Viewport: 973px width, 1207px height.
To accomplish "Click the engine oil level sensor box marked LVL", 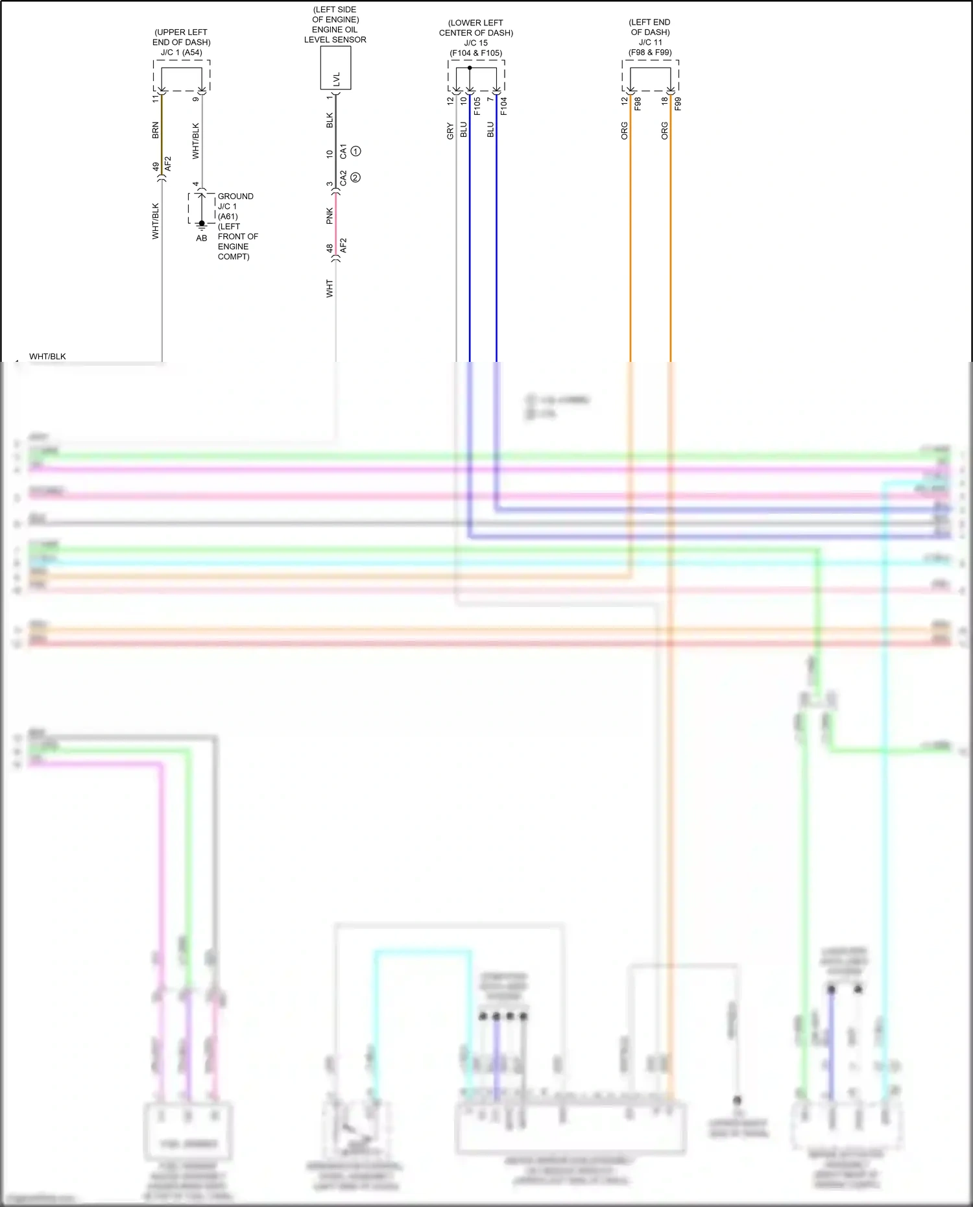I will tap(335, 68).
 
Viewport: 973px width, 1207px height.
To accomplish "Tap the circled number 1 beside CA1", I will tap(355, 151).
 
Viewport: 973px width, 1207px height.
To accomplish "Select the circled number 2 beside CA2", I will tap(355, 177).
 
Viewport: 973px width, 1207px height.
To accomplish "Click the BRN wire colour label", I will tap(156, 130).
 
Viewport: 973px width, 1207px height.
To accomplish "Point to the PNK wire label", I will tap(330, 216).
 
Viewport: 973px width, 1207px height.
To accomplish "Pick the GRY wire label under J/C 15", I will tap(450, 132).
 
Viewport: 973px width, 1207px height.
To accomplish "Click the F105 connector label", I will tap(477, 106).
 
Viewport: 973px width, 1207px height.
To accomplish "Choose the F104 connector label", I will tap(504, 106).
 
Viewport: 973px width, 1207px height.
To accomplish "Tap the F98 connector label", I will tap(638, 104).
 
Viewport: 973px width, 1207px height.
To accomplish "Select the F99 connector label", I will tap(678, 104).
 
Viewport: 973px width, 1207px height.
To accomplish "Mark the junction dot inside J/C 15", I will tap(470, 67).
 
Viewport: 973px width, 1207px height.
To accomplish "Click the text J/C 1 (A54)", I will tap(182, 53).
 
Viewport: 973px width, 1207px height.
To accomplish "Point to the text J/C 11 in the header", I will tap(649, 42).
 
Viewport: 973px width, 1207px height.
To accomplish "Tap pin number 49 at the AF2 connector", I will tap(156, 167).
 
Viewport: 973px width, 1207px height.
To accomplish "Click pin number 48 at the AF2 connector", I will tap(330, 248).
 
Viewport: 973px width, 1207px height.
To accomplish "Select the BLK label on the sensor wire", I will tap(330, 120).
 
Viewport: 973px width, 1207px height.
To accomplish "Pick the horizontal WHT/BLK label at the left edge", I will tap(47, 357).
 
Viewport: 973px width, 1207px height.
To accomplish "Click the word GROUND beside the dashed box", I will tap(235, 196).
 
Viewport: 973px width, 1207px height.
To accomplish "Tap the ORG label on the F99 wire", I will tap(665, 130).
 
